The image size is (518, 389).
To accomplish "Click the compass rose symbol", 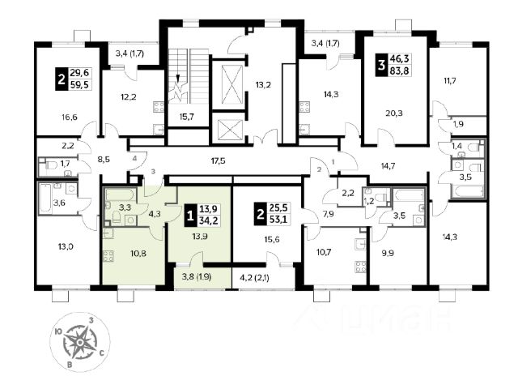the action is point(80,341).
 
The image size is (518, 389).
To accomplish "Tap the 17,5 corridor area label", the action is point(218,161).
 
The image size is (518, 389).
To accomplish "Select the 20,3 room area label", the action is point(394,113).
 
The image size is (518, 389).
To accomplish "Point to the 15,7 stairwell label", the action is point(187,117).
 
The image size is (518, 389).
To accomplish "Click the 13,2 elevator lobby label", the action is point(263,85).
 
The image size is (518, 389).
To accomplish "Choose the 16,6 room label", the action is point(69,117).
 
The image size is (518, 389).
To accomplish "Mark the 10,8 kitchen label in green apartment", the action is point(138,254).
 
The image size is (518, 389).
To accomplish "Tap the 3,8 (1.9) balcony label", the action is point(197,276).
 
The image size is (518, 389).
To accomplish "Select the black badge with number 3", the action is point(381,65).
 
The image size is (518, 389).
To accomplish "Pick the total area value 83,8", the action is point(400,71).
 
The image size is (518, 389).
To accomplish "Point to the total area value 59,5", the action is point(79,84).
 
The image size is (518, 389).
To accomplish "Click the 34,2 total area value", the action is point(209,220).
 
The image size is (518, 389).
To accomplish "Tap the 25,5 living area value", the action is point(278,207).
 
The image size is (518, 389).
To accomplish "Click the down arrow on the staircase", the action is point(178,78).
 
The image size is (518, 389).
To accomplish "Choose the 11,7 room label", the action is point(450,80).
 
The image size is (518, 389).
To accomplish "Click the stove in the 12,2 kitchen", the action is point(159,107).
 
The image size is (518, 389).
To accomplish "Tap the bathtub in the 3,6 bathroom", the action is point(45,199).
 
